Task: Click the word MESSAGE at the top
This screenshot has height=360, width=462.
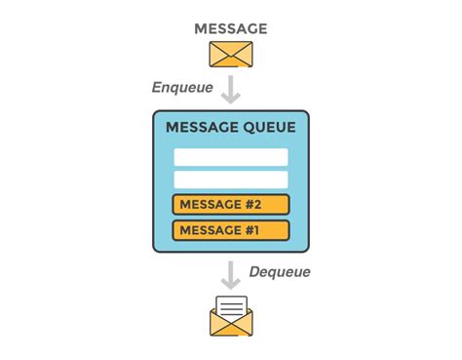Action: [x=231, y=27]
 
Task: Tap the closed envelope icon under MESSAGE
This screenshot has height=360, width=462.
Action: [x=231, y=54]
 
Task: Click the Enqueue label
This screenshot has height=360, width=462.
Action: [x=182, y=87]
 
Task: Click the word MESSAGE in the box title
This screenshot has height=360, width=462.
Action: [x=200, y=128]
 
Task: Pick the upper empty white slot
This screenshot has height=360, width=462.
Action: [x=231, y=157]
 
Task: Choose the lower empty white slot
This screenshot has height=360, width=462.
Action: [x=231, y=180]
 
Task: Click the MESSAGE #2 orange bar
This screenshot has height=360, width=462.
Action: [x=231, y=205]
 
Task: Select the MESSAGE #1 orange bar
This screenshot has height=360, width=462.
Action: [x=231, y=230]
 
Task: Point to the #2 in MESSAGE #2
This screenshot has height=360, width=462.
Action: [x=253, y=205]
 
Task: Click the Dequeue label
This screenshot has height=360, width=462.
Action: [x=280, y=272]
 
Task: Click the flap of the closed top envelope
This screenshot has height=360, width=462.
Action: [x=231, y=49]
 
